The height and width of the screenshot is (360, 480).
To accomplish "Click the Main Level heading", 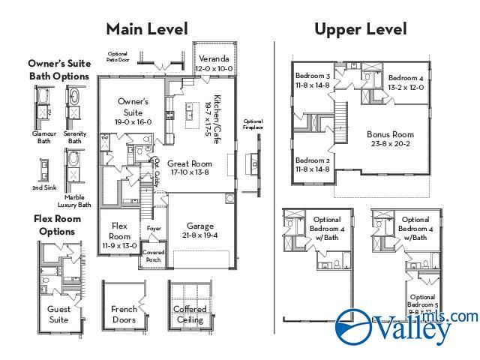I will (146, 28).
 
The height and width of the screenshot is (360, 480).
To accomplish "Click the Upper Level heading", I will (360, 28).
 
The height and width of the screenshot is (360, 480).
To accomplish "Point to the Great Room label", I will (189, 163).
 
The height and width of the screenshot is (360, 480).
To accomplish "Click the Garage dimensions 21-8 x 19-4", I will (200, 235).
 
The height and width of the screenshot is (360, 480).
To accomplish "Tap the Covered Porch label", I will (153, 256).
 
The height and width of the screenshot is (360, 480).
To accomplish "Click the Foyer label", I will (154, 229).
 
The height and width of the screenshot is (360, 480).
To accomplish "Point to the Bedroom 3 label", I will (312, 76).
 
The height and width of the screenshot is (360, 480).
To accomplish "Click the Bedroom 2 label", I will (312, 160).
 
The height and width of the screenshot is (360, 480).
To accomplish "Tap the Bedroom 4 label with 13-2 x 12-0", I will (406, 78).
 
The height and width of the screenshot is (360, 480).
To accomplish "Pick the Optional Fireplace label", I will (253, 124).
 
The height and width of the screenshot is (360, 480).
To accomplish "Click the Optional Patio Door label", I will (118, 56).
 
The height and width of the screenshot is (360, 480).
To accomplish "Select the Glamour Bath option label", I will (44, 136).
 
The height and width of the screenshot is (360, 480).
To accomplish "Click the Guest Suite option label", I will (58, 313).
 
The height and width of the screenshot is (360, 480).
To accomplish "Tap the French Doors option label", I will (124, 313).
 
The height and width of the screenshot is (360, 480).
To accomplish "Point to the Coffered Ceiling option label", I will (190, 313).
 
